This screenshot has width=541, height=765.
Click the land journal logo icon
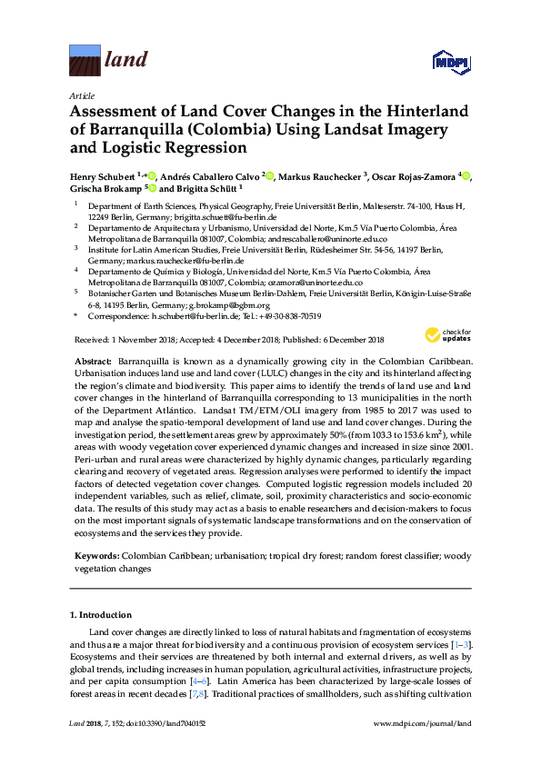pyautogui.click(x=85, y=61)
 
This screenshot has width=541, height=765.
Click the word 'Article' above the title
pyautogui.click(x=82, y=94)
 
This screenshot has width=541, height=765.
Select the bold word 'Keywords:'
pyautogui.click(x=95, y=553)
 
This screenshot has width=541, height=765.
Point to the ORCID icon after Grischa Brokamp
pyautogui.click(x=152, y=188)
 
